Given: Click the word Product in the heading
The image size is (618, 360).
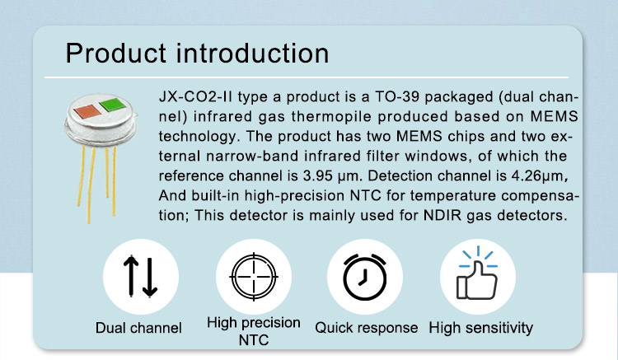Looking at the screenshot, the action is tap(116, 53).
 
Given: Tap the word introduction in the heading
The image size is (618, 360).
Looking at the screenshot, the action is tap(252, 53).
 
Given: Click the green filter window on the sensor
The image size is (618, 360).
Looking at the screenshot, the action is tap(112, 105).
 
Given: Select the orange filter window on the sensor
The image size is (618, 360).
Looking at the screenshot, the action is tap(87, 111).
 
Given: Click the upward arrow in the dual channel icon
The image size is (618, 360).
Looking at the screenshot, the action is tap(131, 276).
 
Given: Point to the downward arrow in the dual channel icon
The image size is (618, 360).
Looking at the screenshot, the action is tap(150, 277).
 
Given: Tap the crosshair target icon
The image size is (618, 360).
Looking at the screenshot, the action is tap(254, 277).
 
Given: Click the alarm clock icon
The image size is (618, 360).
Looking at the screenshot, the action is tap(365, 277).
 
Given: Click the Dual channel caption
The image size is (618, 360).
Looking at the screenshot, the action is tap(138, 328).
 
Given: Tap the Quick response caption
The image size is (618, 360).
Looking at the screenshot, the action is tap(367, 328).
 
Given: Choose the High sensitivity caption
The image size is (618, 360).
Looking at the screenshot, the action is tap(481, 328).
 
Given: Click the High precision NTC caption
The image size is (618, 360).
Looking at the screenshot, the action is tap(254, 331).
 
